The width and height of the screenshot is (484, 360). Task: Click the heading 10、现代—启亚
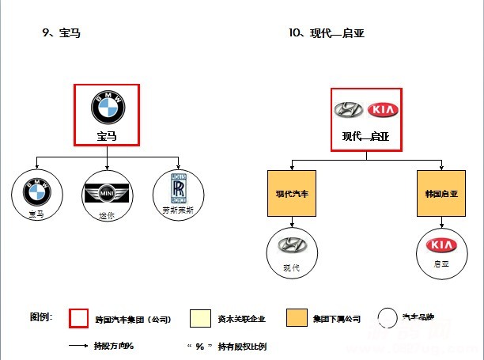tap(327, 33)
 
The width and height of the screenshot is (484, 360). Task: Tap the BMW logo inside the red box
tap(106, 106)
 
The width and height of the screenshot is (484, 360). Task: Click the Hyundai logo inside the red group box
tap(348, 110)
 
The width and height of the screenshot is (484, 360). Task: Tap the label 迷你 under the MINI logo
tap(107, 214)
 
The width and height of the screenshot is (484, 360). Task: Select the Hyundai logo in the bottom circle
tap(292, 246)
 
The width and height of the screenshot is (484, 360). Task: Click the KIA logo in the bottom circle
tap(441, 246)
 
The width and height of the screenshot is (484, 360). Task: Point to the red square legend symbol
tap(79, 318)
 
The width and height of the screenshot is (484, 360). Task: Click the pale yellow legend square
tap(200, 319)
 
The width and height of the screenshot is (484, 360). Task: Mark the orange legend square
tap(297, 319)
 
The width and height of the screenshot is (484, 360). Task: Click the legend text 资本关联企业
tap(241, 320)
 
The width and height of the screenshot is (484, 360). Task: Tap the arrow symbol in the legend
tap(78, 346)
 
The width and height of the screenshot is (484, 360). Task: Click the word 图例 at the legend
tap(40, 316)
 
